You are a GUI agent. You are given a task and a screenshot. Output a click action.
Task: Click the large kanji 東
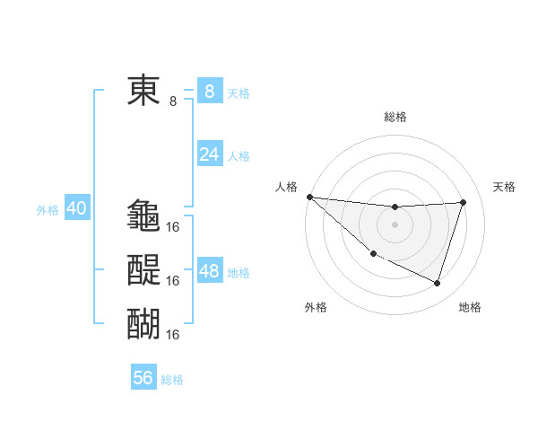143,91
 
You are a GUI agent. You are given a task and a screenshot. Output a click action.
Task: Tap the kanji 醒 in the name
143,269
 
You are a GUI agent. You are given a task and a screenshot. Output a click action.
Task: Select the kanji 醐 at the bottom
143,323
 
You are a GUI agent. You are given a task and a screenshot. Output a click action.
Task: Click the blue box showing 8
209,91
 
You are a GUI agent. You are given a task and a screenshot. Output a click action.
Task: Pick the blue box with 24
209,154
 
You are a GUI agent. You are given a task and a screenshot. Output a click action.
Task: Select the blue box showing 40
76,208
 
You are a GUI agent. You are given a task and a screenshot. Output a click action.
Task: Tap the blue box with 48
209,271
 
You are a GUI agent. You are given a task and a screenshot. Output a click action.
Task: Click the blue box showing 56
143,378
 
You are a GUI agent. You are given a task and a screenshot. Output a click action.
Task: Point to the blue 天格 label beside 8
239,92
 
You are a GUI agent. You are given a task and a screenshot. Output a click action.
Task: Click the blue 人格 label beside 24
239,156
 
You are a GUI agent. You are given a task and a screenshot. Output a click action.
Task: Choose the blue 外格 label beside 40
47,210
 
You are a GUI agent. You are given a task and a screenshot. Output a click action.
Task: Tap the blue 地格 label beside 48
239,273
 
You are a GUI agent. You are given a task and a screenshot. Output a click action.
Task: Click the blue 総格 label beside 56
172,380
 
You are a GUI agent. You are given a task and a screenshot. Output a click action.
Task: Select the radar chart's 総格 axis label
395,117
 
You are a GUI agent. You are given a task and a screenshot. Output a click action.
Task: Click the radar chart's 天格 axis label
505,187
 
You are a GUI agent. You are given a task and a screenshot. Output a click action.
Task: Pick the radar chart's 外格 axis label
316,307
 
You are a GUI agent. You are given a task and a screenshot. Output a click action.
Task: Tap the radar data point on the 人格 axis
309,197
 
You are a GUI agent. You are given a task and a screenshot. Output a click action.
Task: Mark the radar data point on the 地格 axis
437,284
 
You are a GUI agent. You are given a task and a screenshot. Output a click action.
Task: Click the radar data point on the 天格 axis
463,202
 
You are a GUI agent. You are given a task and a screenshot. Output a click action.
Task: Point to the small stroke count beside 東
173,101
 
